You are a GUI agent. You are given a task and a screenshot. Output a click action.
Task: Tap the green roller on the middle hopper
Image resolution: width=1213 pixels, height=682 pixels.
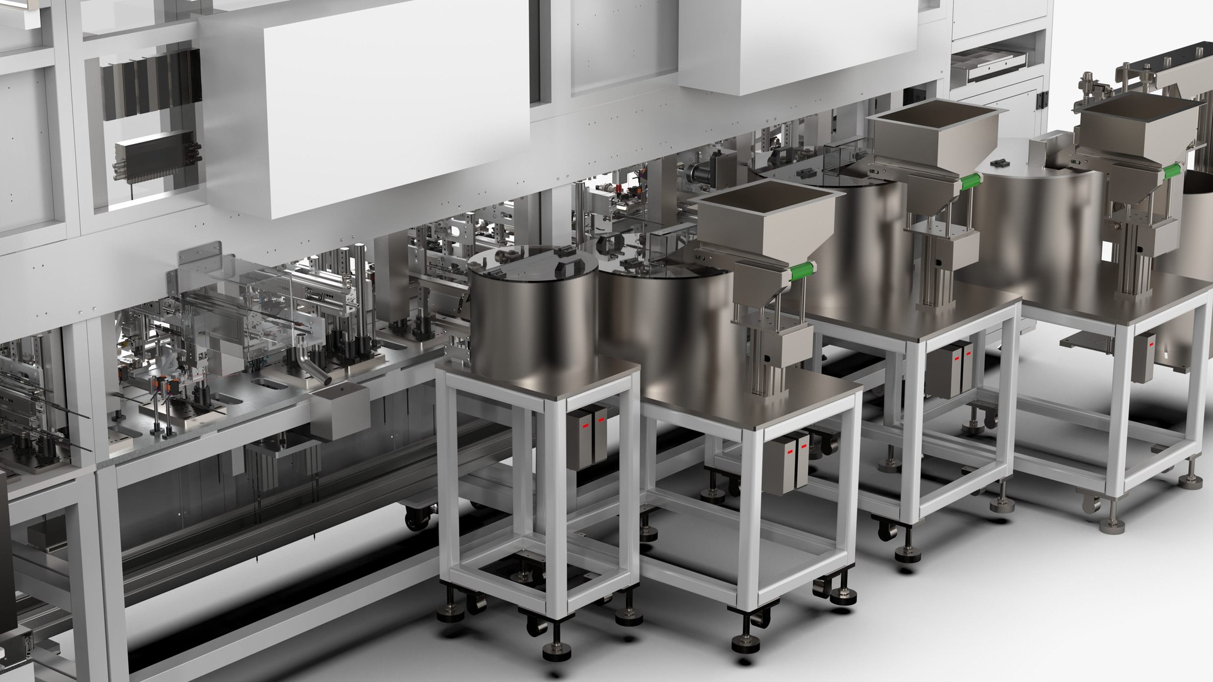point(969,182)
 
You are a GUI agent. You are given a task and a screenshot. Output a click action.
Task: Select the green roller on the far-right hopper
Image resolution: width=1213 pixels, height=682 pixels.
point(1171,170)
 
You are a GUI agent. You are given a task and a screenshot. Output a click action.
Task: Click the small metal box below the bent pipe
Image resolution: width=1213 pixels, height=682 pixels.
point(341,410)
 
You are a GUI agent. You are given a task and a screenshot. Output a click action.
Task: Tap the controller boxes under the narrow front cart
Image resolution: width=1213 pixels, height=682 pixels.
point(586,436)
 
